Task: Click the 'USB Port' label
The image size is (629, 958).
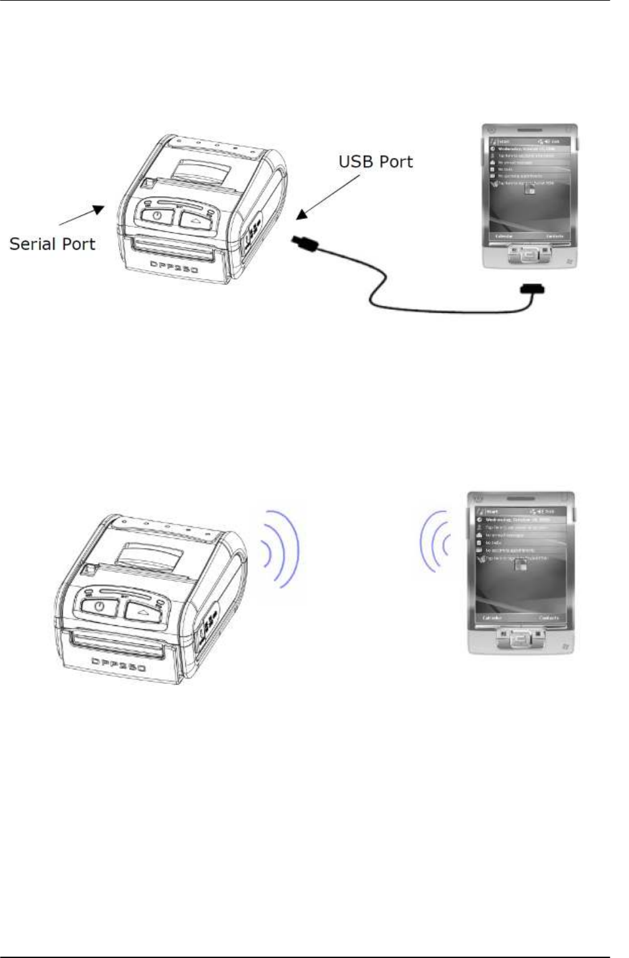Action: click(375, 162)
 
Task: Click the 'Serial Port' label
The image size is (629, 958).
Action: click(52, 244)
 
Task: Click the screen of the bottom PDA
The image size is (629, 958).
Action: click(521, 565)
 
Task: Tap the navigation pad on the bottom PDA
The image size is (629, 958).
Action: click(520, 637)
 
